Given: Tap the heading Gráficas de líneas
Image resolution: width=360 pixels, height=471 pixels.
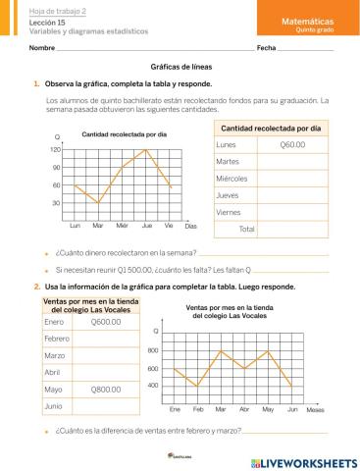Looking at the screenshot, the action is click(x=180, y=67).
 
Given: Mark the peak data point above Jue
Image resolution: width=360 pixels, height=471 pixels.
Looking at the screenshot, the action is click(x=146, y=149).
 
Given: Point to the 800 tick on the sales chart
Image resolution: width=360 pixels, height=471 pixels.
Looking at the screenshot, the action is click(x=152, y=350).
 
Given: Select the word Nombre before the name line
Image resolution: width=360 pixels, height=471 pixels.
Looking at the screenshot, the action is click(x=41, y=48).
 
